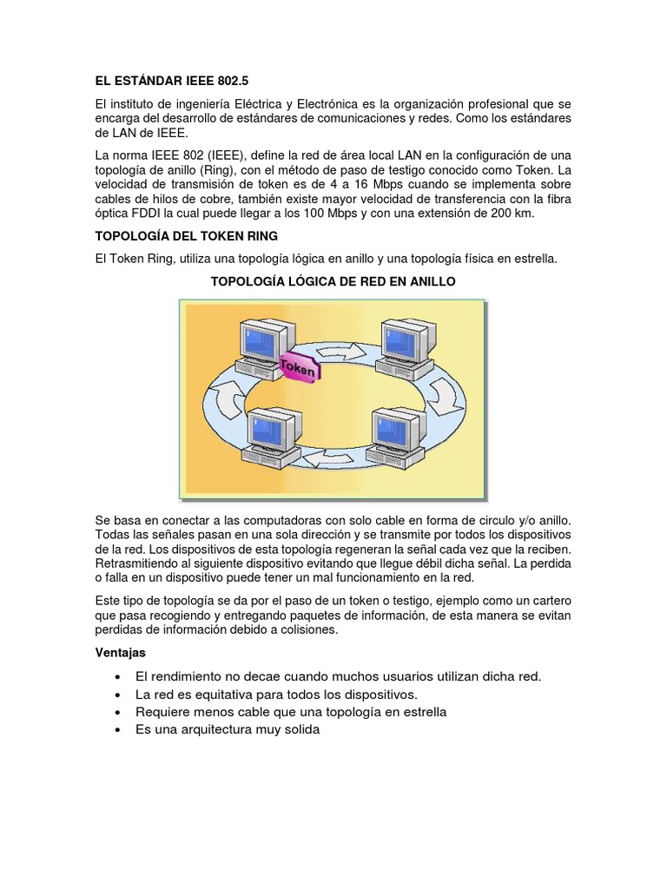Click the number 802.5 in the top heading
click(x=230, y=81)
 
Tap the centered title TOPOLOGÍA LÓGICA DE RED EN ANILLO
click(x=333, y=282)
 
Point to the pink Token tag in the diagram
click(x=298, y=367)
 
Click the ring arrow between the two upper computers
click(x=339, y=352)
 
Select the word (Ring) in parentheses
click(x=206, y=169)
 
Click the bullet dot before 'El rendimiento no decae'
click(x=117, y=676)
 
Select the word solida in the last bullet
click(x=297, y=730)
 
